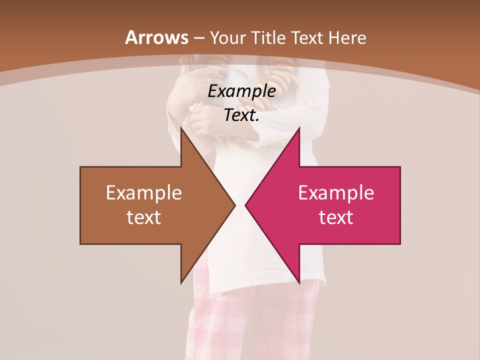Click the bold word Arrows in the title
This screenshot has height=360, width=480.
click(x=156, y=37)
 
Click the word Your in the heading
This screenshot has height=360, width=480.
click(x=228, y=37)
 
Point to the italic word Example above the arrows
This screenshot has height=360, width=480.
click(x=242, y=91)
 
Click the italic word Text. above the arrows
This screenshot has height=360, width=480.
click(x=242, y=115)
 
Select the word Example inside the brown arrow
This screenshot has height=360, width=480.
click(x=144, y=193)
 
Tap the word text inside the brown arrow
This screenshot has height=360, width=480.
click(x=144, y=217)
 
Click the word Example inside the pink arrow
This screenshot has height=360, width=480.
click(x=336, y=193)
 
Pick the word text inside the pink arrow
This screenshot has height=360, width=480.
click(x=336, y=217)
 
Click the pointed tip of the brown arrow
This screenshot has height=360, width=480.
click(x=235, y=205)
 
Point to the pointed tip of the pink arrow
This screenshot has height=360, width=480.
click(x=245, y=205)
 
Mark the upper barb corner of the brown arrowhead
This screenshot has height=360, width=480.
click(x=181, y=127)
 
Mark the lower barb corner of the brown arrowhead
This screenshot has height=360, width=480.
click(x=181, y=283)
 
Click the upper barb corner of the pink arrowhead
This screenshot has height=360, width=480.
click(x=299, y=127)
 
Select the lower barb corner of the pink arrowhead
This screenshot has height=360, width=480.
click(x=299, y=283)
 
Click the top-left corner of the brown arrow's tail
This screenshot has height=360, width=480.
click(x=80, y=167)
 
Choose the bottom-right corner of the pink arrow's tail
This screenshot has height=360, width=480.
click(x=400, y=244)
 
